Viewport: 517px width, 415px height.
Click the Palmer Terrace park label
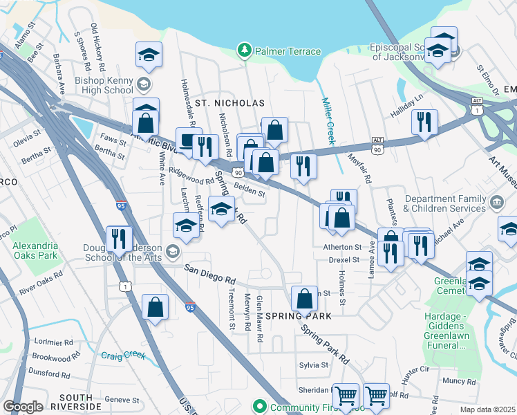[x=288, y=51]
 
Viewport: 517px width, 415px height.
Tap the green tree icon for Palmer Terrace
[x=243, y=50]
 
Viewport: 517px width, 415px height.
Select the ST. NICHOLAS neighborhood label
[x=229, y=103]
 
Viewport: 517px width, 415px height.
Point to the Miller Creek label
[x=328, y=120]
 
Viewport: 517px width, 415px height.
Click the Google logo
[x=23, y=407]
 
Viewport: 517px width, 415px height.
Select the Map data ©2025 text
[x=487, y=409]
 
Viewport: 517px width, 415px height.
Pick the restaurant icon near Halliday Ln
[x=423, y=121]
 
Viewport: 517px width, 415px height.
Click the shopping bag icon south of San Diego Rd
[x=155, y=306]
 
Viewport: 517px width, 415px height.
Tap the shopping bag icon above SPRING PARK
[x=304, y=298]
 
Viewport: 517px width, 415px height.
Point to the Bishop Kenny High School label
[x=104, y=85]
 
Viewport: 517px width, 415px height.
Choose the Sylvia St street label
[x=314, y=365]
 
